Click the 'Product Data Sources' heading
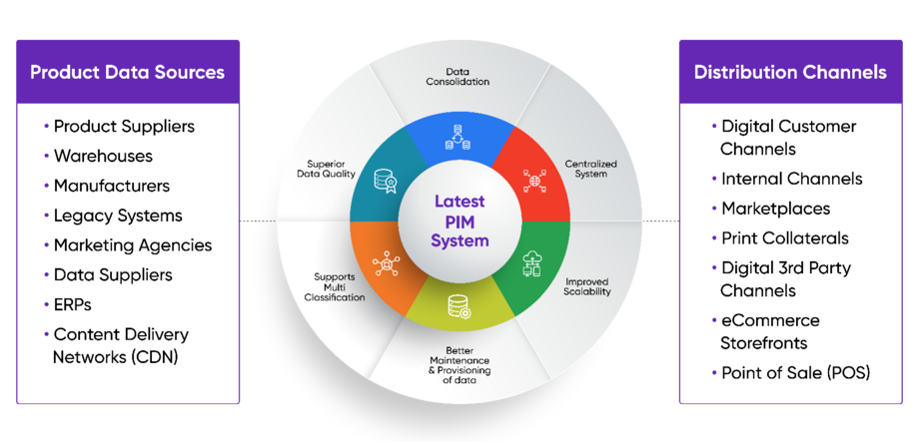[x=127, y=72]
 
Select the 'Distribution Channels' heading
[x=790, y=72]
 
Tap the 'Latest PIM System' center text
[x=459, y=222]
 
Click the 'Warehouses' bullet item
[x=103, y=156]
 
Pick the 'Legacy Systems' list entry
[x=118, y=216]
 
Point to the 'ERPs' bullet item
[x=75, y=304]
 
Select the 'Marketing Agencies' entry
[x=132, y=244]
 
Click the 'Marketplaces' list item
[x=775, y=209]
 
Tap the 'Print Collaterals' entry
[x=785, y=238]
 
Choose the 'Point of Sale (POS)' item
[x=795, y=373]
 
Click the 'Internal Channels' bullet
[x=791, y=180]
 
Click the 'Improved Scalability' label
[x=586, y=286]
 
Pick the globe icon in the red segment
[x=533, y=181]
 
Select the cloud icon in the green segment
[x=534, y=262]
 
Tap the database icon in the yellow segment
[x=459, y=307]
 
